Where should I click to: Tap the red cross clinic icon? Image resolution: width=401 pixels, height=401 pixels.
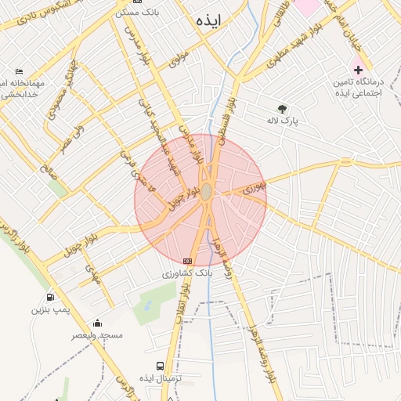click(x=358, y=70)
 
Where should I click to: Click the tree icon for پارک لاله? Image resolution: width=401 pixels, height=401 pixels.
click(x=282, y=109)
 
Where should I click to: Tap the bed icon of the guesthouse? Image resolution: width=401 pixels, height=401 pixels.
click(x=19, y=71)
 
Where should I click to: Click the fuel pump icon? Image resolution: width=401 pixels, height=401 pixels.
click(x=51, y=297)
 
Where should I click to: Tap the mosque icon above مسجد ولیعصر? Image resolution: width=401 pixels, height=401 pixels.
click(x=97, y=323)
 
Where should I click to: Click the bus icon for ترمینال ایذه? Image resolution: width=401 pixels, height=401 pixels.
click(x=161, y=366)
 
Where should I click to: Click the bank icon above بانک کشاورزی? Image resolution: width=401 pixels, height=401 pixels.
click(x=187, y=260)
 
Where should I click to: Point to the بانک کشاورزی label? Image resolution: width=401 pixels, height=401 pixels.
click(x=187, y=273)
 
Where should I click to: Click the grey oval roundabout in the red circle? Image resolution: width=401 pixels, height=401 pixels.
click(x=207, y=192)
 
